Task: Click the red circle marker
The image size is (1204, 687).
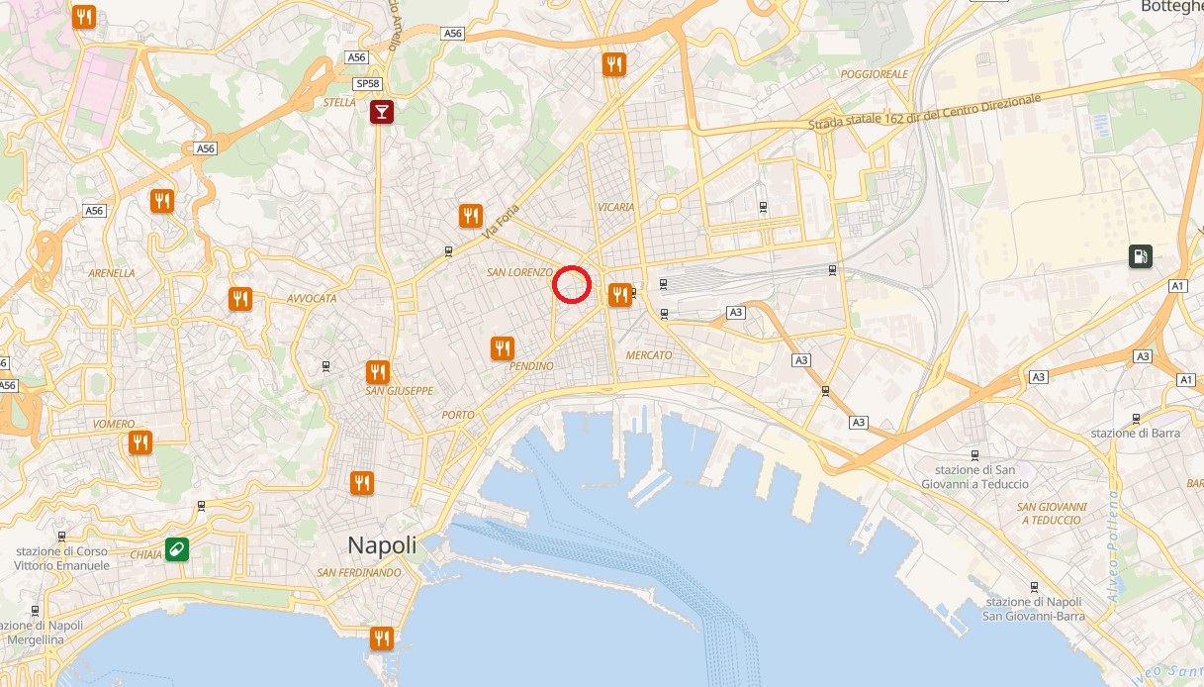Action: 572,285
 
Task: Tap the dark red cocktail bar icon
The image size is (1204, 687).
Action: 381,112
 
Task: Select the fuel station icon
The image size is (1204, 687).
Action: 1141,257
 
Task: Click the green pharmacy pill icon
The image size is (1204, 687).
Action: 177,548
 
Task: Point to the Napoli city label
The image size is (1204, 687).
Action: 382,545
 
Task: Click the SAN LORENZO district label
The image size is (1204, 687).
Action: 517,271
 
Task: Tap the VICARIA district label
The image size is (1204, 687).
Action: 616,207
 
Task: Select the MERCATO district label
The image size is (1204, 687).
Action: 649,354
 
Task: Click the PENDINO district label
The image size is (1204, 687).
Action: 532,366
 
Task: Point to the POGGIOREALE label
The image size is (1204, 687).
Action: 874,74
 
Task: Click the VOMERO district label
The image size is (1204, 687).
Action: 113,424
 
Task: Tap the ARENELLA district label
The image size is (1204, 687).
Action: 112,272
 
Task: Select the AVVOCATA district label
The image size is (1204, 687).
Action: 312,298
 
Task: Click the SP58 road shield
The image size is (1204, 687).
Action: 367,83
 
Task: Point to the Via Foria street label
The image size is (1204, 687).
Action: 502,226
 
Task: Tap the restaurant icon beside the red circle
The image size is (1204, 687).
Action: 620,294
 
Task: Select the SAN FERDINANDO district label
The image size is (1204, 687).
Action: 359,573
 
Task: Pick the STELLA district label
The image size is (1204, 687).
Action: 339,102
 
